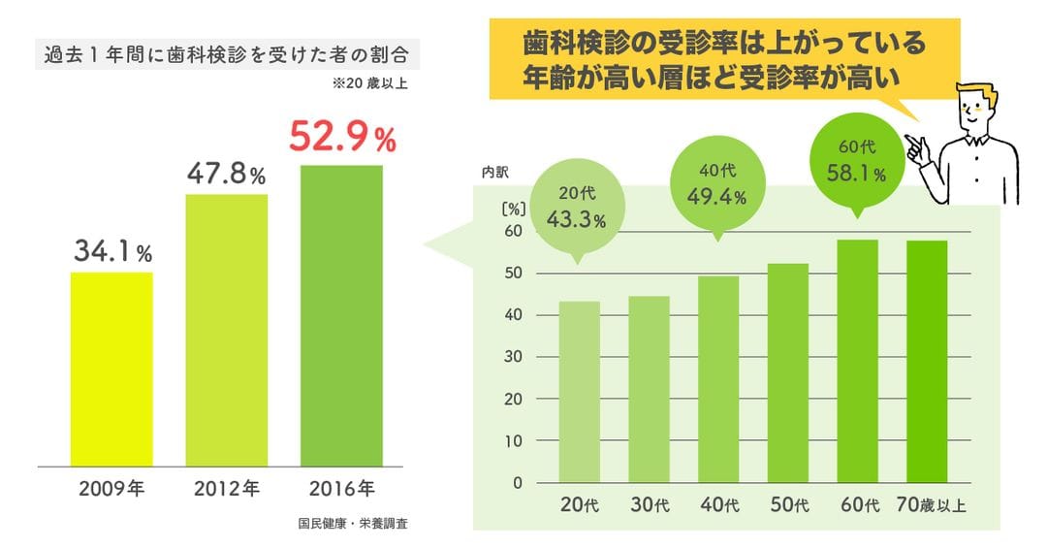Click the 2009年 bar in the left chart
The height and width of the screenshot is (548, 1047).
pos(111,369)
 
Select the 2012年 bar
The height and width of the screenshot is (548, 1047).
pos(226,330)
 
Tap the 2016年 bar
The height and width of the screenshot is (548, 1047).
pos(341,315)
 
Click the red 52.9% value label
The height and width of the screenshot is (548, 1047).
pos(342,139)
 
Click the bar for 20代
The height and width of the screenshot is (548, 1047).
pos(579,392)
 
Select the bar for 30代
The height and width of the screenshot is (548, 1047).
pos(649,389)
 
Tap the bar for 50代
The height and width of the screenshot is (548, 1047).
pos(787,372)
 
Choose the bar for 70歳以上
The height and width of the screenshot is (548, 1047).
pos(926,361)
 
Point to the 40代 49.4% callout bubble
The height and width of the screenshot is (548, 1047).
pos(718,186)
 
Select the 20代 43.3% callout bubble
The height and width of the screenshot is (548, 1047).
pos(577,209)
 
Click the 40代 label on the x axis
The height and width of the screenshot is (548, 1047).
pos(718,505)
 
